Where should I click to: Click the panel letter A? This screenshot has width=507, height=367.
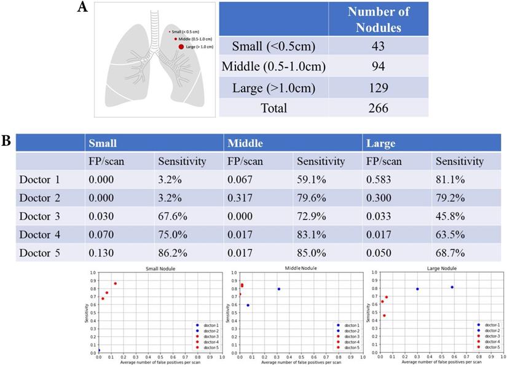(82, 9)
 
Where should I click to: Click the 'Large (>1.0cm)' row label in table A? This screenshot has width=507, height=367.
(273, 87)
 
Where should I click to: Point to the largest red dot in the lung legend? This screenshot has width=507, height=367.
(181, 46)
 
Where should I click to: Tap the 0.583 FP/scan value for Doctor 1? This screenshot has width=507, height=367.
(379, 180)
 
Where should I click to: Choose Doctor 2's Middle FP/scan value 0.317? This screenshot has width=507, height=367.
(241, 198)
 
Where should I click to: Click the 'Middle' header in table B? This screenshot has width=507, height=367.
(246, 143)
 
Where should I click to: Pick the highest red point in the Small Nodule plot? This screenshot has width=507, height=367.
(115, 283)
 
